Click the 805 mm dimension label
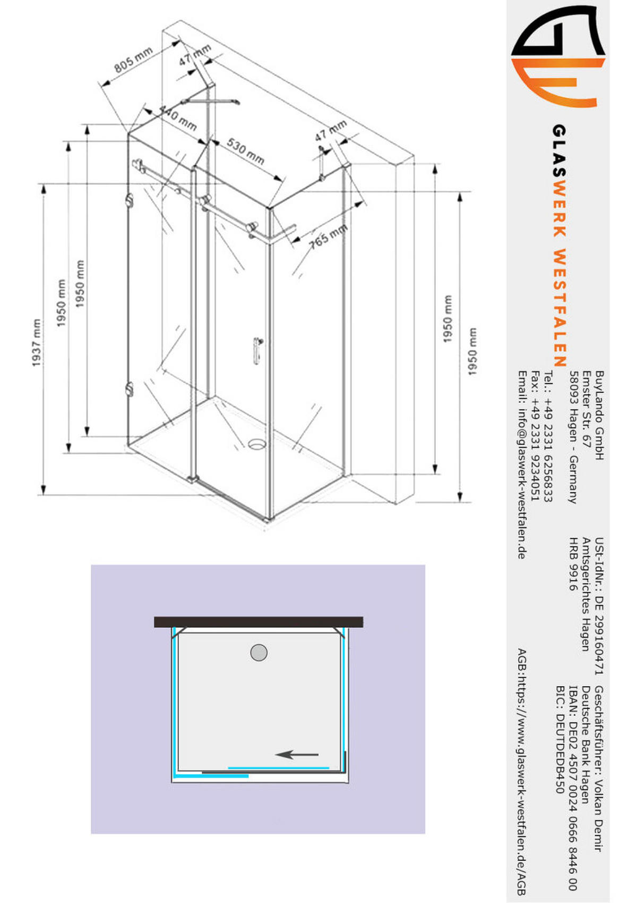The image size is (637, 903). click(134, 60)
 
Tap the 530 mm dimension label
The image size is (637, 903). click(245, 151)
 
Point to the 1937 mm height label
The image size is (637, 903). click(36, 342)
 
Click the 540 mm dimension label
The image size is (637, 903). click(178, 119)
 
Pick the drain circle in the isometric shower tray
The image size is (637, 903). click(257, 443)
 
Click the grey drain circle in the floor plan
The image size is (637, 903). click(259, 652)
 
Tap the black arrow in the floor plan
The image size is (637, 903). click(297, 754)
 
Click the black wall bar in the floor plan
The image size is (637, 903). click(259, 622)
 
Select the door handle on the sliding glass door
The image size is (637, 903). click(257, 350)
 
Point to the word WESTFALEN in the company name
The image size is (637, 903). click(559, 308)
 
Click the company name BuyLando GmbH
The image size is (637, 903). click(599, 415)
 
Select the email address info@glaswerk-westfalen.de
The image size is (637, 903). click(522, 465)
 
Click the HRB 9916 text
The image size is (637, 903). click(573, 564)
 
